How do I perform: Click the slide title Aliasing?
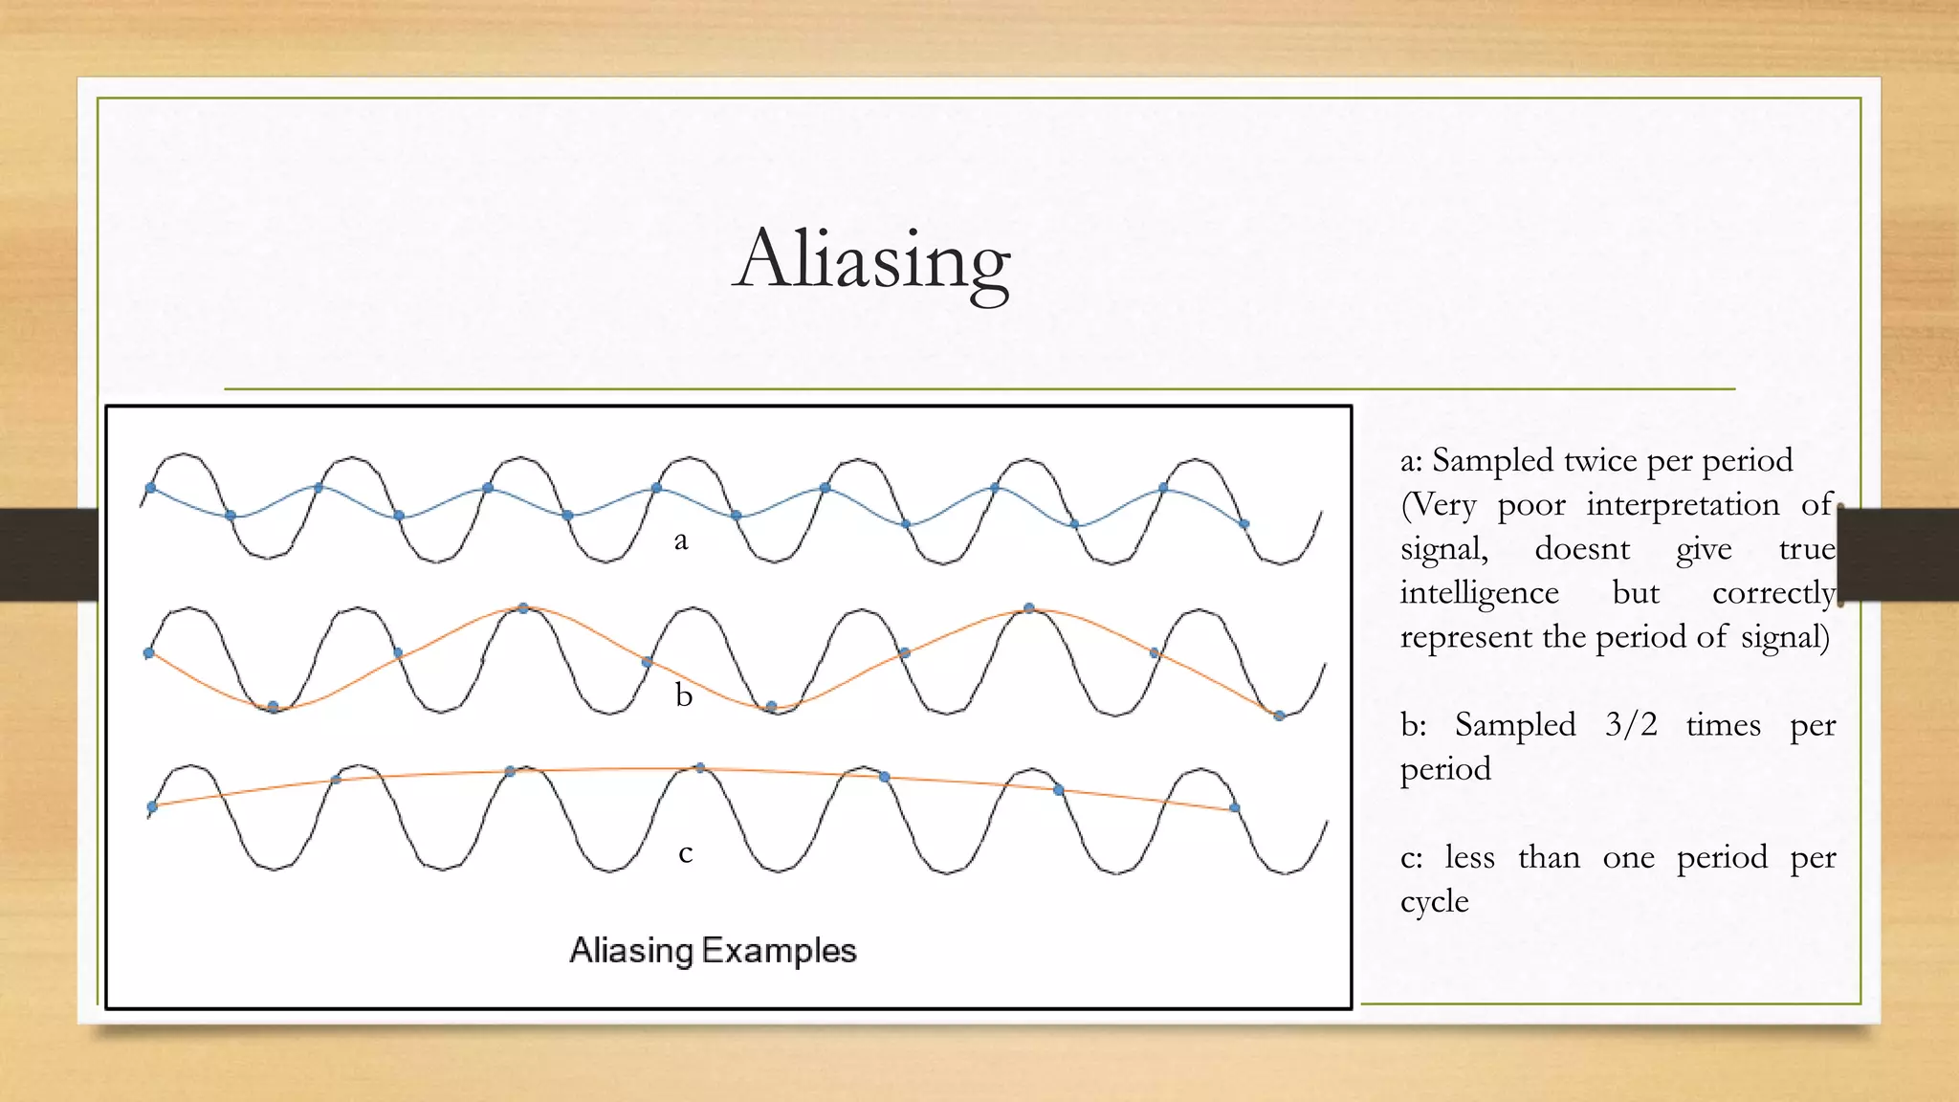pyautogui.click(x=871, y=260)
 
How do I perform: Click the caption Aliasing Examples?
pyautogui.click(x=713, y=951)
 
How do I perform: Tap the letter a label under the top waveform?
pyautogui.click(x=681, y=541)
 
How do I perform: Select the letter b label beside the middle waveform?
pyautogui.click(x=683, y=694)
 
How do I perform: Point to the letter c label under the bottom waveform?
pyautogui.click(x=685, y=852)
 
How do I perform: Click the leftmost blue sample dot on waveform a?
pyautogui.click(x=150, y=489)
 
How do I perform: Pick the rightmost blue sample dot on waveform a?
pyautogui.click(x=1244, y=524)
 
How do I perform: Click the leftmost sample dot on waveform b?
pyautogui.click(x=149, y=653)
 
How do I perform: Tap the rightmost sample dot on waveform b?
pyautogui.click(x=1279, y=716)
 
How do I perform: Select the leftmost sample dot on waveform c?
pyautogui.click(x=152, y=807)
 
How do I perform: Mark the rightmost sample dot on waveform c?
pyautogui.click(x=1234, y=808)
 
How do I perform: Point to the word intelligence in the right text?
pyautogui.click(x=1479, y=593)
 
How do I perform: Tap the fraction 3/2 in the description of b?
pyautogui.click(x=1631, y=725)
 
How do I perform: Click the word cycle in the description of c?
pyautogui.click(x=1434, y=902)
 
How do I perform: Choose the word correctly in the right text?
pyautogui.click(x=1773, y=593)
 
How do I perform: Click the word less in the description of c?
pyautogui.click(x=1469, y=857)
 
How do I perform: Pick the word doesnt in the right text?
pyautogui.click(x=1582, y=549)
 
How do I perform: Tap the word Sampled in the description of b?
pyautogui.click(x=1515, y=725)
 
